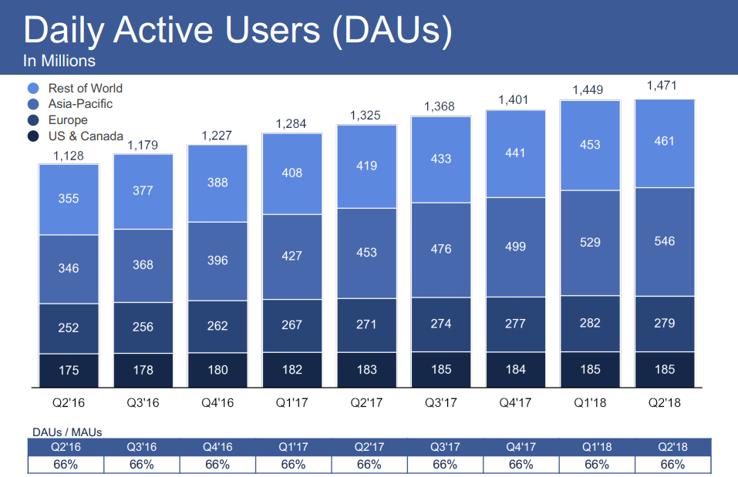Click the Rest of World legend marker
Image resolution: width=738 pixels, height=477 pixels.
(33, 89)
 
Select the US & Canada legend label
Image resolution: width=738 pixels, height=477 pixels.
(86, 136)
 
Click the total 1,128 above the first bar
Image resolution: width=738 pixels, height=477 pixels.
(69, 155)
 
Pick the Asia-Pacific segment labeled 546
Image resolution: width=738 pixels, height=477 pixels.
(665, 241)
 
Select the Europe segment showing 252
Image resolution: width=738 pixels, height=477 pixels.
(69, 328)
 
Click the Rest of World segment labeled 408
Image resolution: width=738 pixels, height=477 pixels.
(292, 173)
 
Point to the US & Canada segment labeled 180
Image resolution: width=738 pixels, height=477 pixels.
(217, 370)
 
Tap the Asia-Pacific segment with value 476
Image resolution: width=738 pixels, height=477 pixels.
(441, 249)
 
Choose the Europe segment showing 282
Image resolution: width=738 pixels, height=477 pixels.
(590, 323)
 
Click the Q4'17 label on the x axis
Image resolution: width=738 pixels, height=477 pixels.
(515, 401)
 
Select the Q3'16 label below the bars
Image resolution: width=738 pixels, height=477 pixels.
(143, 401)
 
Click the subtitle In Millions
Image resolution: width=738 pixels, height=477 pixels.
(59, 61)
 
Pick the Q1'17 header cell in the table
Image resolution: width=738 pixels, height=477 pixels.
(293, 447)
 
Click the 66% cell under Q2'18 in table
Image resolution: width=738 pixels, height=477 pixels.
(672, 465)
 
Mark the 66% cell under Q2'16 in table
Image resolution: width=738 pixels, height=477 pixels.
(66, 465)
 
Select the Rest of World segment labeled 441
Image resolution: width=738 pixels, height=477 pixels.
(515, 153)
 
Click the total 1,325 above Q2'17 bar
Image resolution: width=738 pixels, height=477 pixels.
(366, 116)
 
